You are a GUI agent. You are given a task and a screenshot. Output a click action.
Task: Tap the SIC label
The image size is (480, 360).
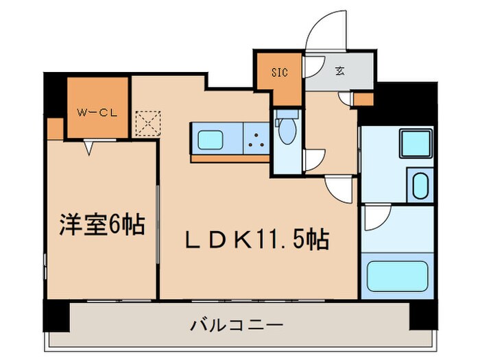coord(280,71)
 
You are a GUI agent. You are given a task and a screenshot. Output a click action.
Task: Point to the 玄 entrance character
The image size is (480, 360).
coord(340,71)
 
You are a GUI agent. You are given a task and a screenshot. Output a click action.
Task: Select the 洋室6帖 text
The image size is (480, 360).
coord(101,225)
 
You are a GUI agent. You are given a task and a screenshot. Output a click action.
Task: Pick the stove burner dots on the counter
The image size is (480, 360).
coord(259,141)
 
